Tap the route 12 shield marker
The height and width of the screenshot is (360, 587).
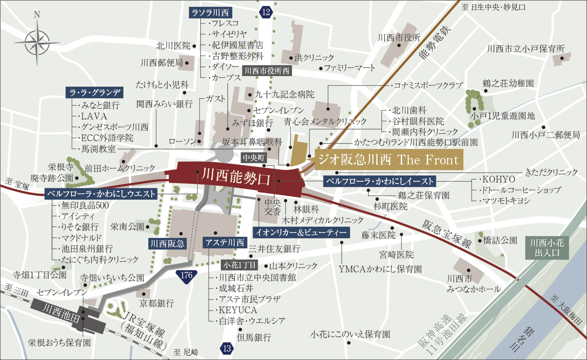(x=266, y=12)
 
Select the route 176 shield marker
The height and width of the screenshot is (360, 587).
(x=186, y=275)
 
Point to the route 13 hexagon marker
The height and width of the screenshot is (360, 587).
(x=227, y=348)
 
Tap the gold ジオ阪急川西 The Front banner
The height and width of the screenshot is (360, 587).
(x=388, y=160)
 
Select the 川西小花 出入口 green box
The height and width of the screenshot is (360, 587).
(x=547, y=248)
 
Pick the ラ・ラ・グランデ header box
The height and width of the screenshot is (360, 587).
(x=95, y=92)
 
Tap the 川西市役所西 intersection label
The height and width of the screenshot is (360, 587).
(x=267, y=71)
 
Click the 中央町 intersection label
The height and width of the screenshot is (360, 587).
(x=254, y=158)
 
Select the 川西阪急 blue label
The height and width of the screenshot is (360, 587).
(x=167, y=244)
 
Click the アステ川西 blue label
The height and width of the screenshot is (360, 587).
(x=225, y=243)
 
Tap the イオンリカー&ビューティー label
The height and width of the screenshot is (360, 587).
(x=301, y=232)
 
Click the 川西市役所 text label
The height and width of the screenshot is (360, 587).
(x=399, y=38)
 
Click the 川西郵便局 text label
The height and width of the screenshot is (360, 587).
(x=162, y=63)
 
